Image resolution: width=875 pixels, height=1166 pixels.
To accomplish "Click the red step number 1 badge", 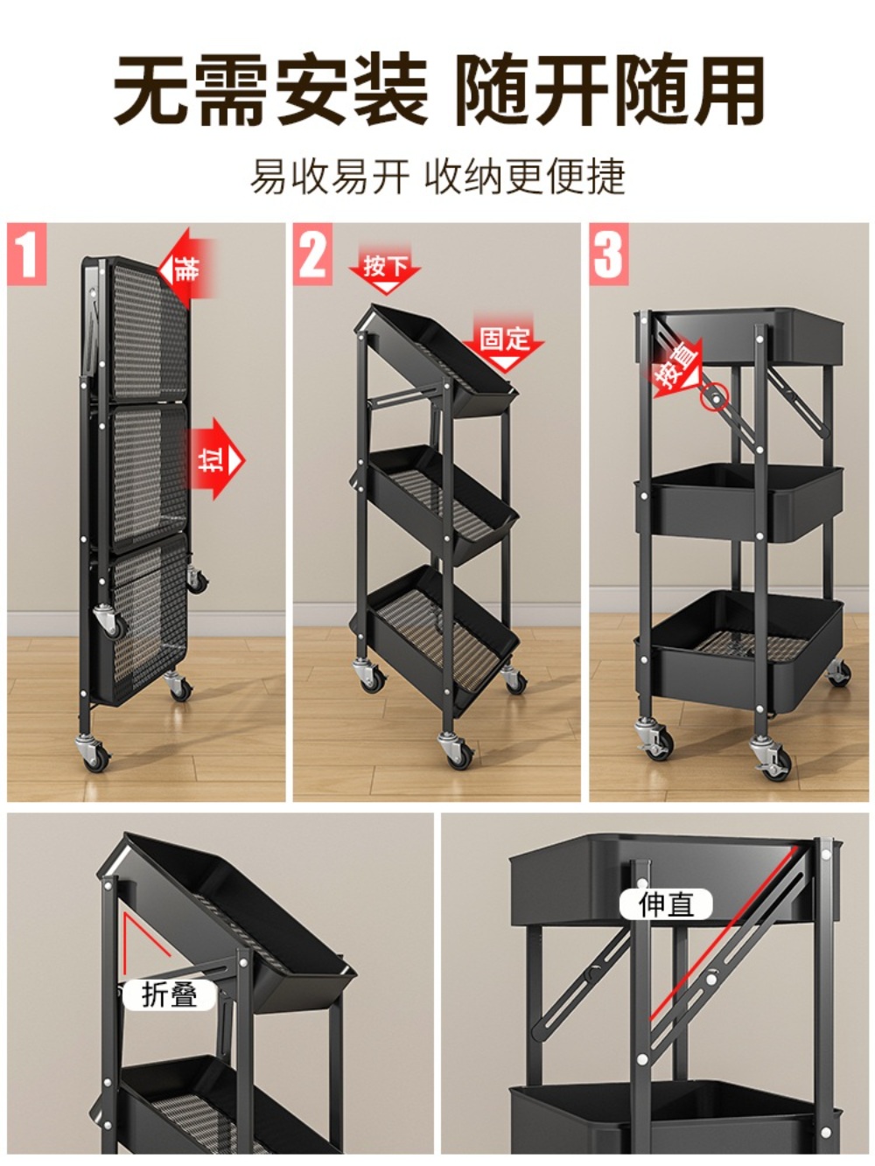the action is coord(26,254).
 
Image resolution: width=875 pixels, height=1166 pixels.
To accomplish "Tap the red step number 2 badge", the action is coord(312,254).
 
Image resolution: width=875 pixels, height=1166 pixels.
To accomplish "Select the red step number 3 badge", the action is coord(609,254).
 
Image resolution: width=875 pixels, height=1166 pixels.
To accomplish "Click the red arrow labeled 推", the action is coord(187,269).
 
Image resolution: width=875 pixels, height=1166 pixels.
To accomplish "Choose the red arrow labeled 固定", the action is coord(504,343).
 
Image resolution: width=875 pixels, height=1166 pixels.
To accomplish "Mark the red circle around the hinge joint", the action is coord(715,397).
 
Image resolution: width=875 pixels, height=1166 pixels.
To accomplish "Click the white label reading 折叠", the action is coord(170,995).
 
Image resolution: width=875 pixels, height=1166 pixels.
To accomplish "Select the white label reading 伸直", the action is coord(666,904).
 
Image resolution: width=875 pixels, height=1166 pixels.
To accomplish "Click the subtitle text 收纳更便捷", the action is coord(525,176).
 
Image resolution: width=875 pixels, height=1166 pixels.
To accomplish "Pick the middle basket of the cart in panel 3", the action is coord(739,502).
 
